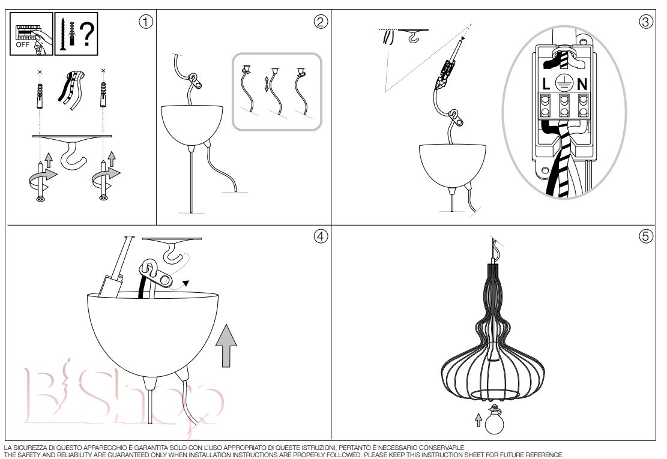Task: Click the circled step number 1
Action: (x=146, y=22)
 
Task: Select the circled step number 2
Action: (x=321, y=22)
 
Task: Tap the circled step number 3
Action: (x=646, y=22)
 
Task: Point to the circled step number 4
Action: (x=321, y=236)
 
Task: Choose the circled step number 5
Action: (x=646, y=236)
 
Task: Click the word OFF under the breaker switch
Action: (x=23, y=44)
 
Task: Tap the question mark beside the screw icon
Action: (x=87, y=34)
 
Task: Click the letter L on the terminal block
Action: (x=546, y=84)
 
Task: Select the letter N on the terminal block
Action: (x=582, y=84)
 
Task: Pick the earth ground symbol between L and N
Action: (x=564, y=83)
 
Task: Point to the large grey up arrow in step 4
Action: (x=226, y=345)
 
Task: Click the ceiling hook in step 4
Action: (x=175, y=251)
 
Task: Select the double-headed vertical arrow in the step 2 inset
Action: (x=267, y=84)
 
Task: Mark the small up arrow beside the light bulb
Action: (x=478, y=421)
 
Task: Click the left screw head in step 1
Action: (x=41, y=198)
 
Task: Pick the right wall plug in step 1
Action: (x=103, y=95)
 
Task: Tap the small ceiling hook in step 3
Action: (x=412, y=38)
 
